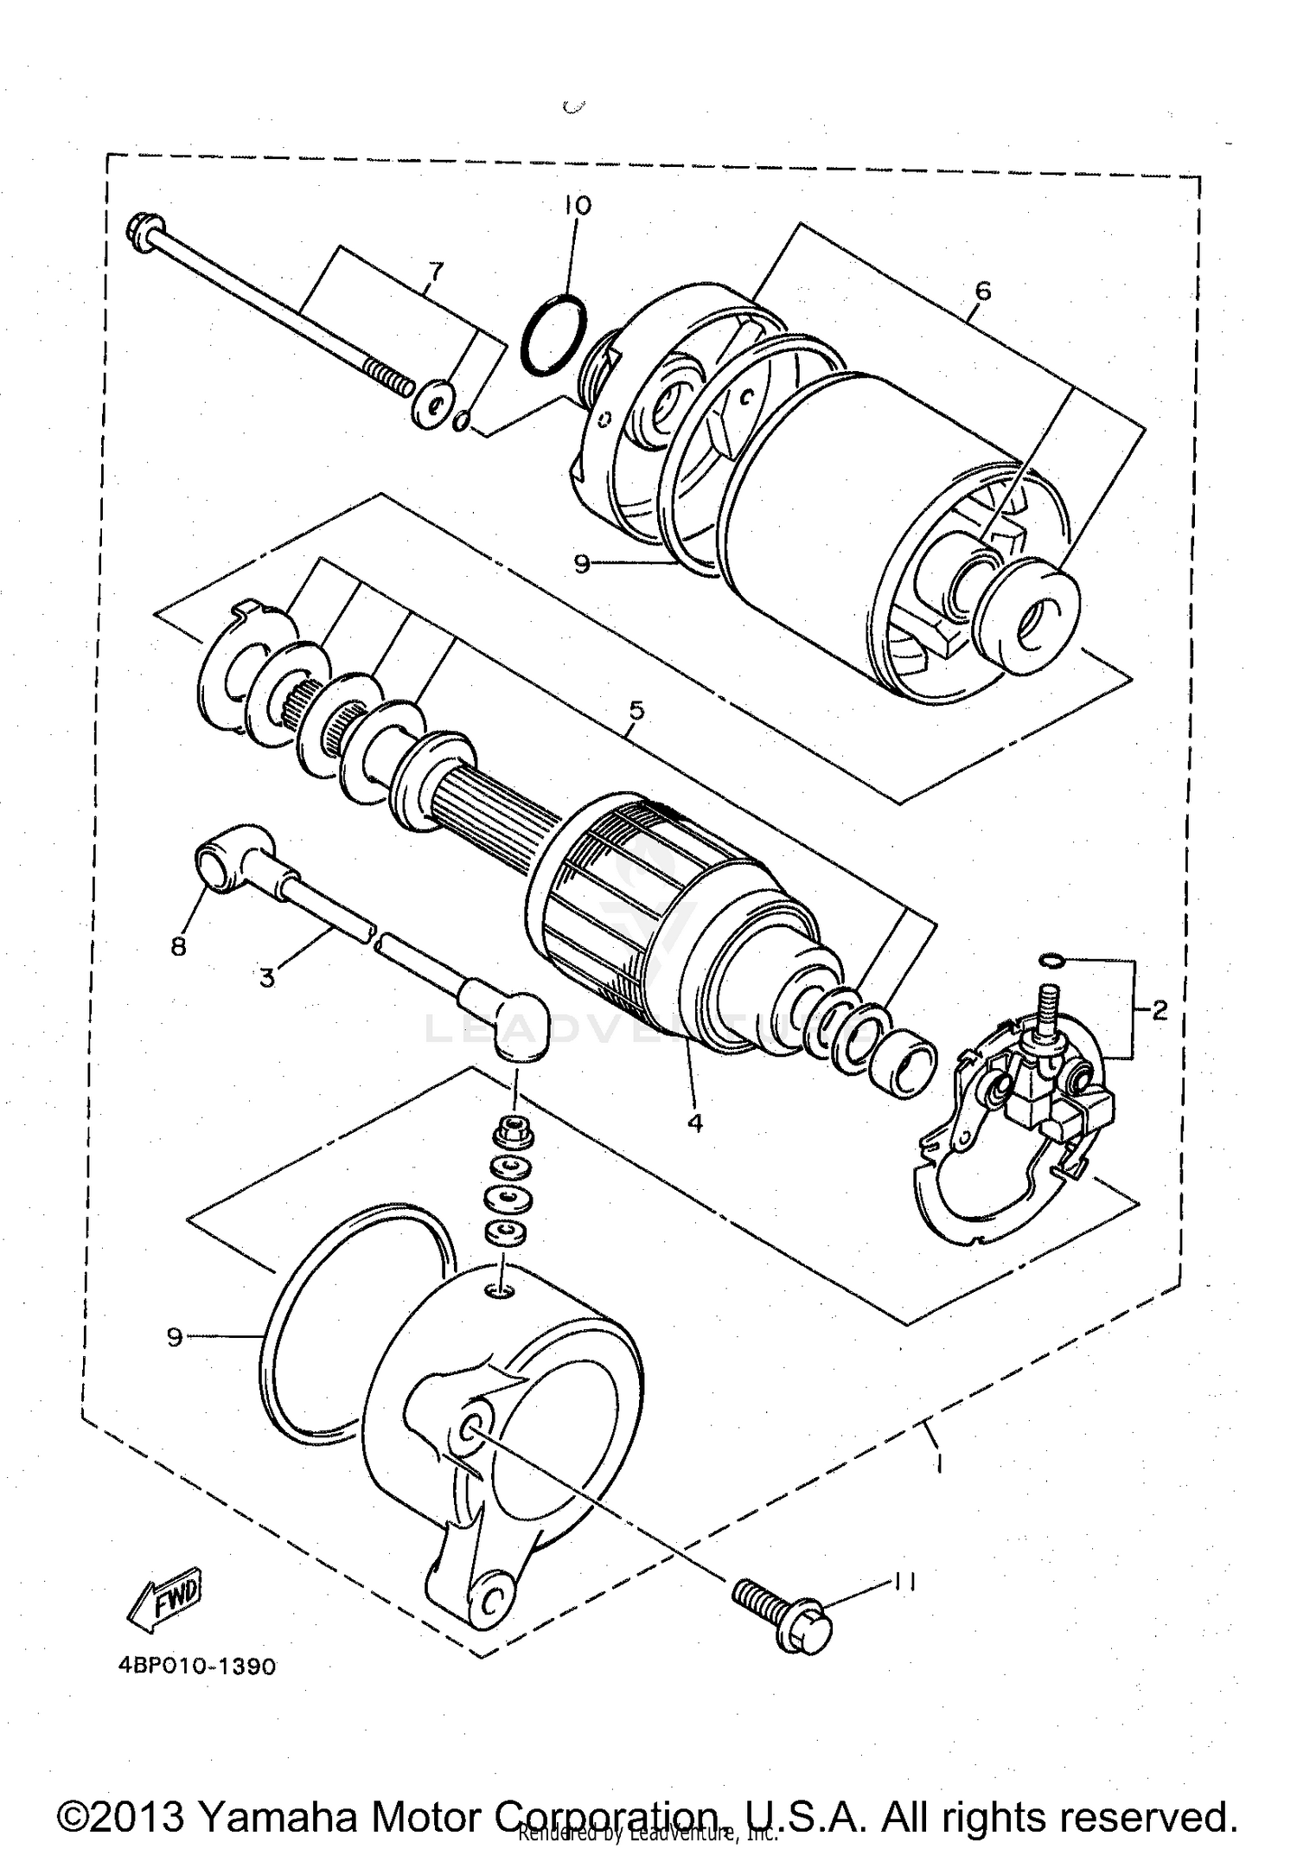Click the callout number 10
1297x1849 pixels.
(578, 205)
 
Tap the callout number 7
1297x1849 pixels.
(435, 273)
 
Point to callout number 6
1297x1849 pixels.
(982, 291)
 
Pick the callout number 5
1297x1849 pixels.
(636, 711)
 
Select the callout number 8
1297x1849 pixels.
(178, 947)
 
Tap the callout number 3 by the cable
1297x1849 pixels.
(267, 978)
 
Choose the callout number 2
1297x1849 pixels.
(1160, 1009)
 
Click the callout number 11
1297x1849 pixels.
(904, 1582)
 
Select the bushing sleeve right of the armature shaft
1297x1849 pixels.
(904, 1063)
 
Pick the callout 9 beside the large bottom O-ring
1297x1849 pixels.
(176, 1338)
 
